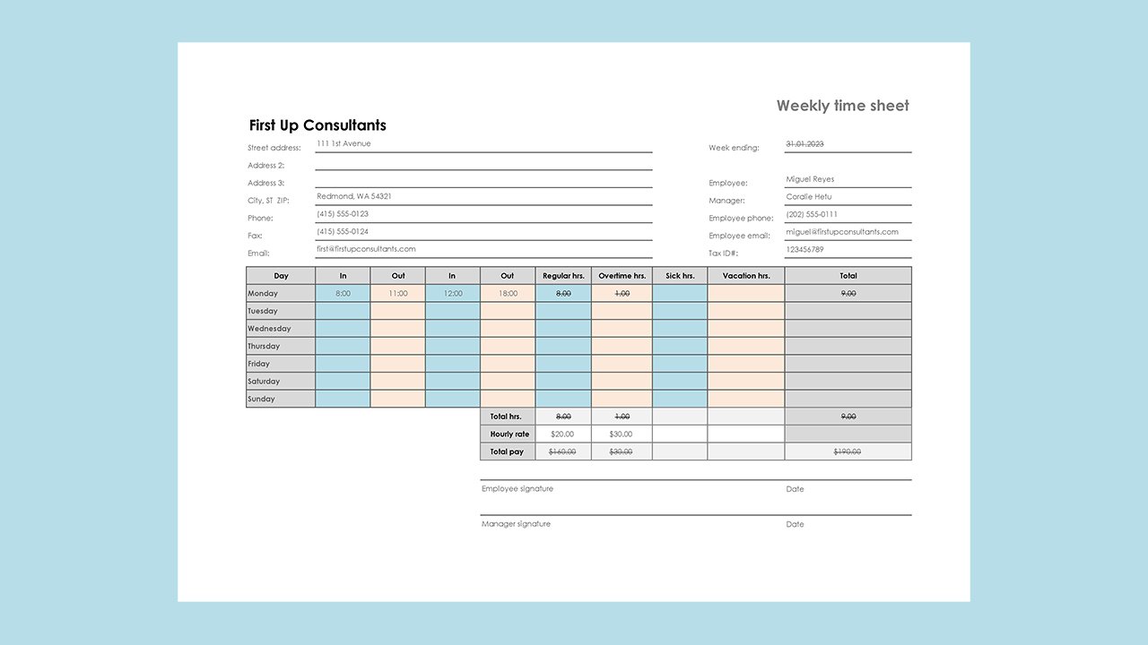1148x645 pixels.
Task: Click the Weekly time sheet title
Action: (842, 106)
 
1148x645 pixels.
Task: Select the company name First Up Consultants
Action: (317, 125)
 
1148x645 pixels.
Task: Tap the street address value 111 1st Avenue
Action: (344, 143)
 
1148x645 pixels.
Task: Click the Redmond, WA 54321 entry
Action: (353, 196)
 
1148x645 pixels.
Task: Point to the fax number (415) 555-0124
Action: (342, 231)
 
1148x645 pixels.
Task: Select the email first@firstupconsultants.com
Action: (366, 249)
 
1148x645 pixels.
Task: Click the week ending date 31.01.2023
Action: (804, 143)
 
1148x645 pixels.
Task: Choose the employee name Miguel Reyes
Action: (809, 179)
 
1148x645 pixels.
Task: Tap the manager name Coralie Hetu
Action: (808, 196)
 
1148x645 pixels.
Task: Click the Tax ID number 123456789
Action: (804, 249)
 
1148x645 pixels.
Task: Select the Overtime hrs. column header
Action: (622, 276)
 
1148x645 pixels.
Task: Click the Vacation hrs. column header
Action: (745, 276)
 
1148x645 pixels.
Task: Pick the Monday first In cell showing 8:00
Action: (343, 294)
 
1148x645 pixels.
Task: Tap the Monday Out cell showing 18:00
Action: (508, 294)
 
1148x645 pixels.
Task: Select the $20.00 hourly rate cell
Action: (562, 434)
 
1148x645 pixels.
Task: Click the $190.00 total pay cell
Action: (848, 451)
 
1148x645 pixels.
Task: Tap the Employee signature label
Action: (517, 489)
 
